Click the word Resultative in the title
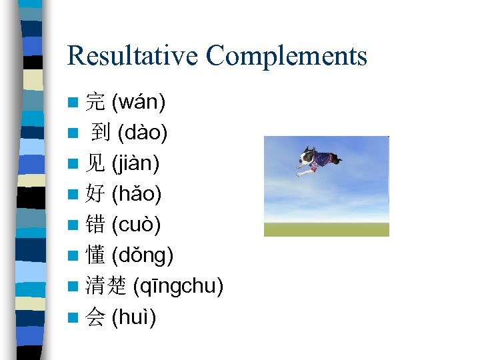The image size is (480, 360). tap(132, 55)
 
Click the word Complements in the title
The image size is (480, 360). tap(287, 57)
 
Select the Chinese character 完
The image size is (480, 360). tap(95, 103)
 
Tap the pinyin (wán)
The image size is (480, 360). tap(139, 103)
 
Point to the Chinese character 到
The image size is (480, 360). tap(101, 133)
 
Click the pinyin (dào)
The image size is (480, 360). tap(143, 133)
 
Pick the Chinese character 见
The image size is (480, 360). tap(95, 163)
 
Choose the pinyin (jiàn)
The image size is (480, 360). tap(136, 163)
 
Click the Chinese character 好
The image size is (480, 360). tap(95, 195)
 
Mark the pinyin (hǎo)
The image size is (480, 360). tap(137, 195)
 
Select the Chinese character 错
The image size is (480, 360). tap(95, 225)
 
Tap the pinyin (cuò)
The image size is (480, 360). tap(137, 225)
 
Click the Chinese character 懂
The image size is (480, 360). tap(95, 255)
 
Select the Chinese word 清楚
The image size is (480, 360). tap(107, 287)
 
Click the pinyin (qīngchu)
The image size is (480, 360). tap(179, 287)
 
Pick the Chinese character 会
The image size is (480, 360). tap(95, 317)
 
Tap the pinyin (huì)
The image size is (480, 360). tap(134, 317)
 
